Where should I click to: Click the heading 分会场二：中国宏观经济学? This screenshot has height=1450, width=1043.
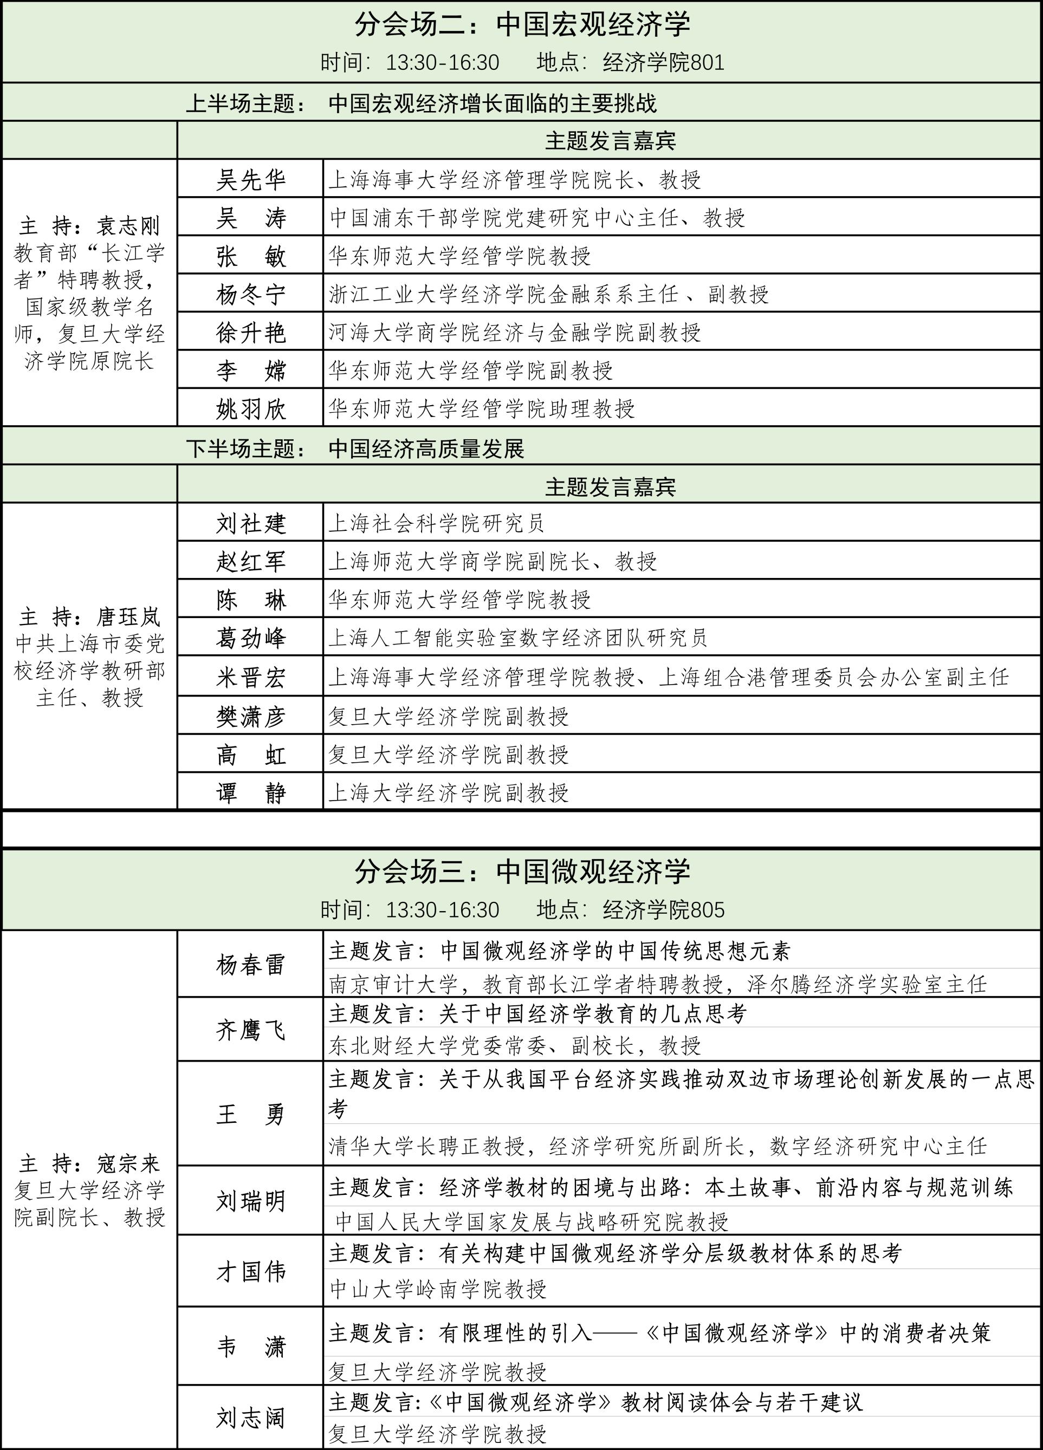[522, 25]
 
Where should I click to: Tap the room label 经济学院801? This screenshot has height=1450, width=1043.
[663, 63]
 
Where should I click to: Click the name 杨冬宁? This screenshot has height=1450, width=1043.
[251, 295]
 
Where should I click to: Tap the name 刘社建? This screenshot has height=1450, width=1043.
[251, 524]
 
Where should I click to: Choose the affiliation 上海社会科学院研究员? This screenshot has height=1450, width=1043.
[436, 524]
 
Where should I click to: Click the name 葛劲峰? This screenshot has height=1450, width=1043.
[251, 638]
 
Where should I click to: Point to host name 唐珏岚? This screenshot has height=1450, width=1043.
[128, 617]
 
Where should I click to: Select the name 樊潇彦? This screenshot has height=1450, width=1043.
[251, 717]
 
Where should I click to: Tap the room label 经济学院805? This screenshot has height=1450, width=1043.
[663, 910]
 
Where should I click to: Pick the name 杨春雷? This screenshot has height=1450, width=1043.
[251, 965]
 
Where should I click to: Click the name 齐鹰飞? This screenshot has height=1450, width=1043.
[251, 1031]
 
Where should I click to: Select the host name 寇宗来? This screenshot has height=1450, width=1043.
[128, 1163]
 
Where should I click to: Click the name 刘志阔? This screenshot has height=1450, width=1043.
[251, 1418]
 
